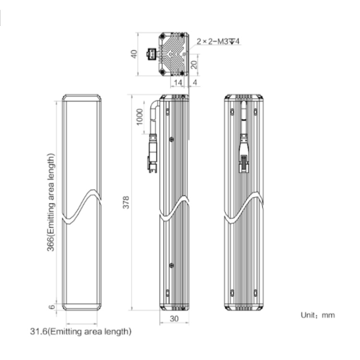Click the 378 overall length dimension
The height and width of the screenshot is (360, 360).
click(126, 202)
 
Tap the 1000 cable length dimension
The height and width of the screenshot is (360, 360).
click(140, 117)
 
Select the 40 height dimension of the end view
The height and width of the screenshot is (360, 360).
click(134, 54)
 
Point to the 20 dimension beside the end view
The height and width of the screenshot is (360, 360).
click(194, 65)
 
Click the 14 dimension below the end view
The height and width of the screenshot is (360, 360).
click(178, 83)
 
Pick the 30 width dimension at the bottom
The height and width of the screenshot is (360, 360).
click(174, 319)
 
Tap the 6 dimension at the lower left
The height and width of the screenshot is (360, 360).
click(52, 307)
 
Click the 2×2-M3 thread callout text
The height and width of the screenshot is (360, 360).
click(218, 41)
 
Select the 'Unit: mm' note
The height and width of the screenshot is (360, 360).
click(318, 315)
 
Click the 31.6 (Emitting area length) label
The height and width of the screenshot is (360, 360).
click(81, 332)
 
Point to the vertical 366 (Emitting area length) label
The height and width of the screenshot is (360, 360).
click(51, 203)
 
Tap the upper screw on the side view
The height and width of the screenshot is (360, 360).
click(171, 139)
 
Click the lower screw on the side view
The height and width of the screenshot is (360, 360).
click(171, 265)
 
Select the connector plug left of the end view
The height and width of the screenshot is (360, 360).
click(151, 54)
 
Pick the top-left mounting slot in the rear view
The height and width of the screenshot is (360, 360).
click(232, 111)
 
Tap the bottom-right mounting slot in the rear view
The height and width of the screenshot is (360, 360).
click(255, 293)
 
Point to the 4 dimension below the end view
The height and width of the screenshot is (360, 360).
click(195, 83)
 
